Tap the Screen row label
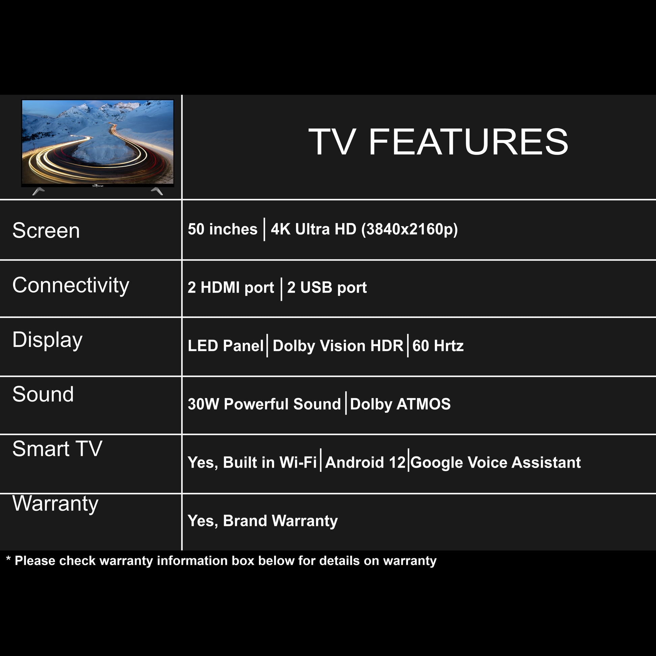coord(46,231)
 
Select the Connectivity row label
coord(71,286)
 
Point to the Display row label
coord(48,340)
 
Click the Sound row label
coord(43,394)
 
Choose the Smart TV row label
coord(57,449)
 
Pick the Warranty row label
coord(55,504)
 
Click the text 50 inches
coord(223,229)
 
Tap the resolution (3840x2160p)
coord(410,230)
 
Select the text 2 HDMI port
coord(231,288)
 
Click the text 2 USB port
coord(327,288)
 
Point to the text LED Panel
coord(226,346)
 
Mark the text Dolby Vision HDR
coord(338,346)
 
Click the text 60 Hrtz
coord(438,346)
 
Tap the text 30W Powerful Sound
coord(264,404)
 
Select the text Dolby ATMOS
coord(400,405)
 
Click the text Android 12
coord(365,463)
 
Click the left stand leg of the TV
coord(38,191)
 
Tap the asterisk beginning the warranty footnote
coord(8,558)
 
